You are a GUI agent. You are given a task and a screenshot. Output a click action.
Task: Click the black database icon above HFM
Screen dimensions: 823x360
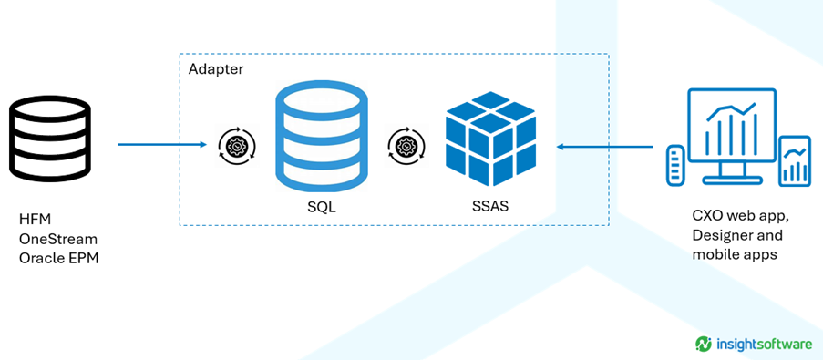click(49, 139)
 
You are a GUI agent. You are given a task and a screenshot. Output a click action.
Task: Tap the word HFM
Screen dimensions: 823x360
click(35, 220)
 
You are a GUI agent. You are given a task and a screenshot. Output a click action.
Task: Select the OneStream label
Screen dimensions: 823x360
click(58, 240)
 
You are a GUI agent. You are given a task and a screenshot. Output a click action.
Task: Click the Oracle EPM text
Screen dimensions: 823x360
click(58, 258)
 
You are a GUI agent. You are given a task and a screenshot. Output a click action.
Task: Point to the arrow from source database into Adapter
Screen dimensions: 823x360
click(161, 144)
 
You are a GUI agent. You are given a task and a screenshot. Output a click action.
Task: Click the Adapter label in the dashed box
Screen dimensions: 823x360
click(216, 69)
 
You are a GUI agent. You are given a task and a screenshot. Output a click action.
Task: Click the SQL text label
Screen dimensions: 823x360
click(322, 207)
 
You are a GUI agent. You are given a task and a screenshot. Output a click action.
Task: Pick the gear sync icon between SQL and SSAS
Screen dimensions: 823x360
click(406, 145)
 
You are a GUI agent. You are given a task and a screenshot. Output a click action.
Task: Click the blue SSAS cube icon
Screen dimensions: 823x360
click(490, 138)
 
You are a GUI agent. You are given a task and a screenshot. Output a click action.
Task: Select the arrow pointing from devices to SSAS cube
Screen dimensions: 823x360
click(604, 147)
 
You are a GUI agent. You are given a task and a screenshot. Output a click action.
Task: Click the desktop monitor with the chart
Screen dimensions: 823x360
click(732, 136)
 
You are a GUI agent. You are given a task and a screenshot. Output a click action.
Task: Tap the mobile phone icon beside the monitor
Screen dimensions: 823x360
click(794, 161)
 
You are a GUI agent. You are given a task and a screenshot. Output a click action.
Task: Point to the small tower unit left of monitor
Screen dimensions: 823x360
click(676, 164)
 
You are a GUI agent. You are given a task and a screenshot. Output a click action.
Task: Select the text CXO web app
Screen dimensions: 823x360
click(742, 216)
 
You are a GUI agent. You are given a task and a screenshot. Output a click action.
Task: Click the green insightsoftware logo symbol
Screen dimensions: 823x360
click(704, 344)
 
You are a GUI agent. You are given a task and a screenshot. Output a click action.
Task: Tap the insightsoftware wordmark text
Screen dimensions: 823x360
click(764, 345)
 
